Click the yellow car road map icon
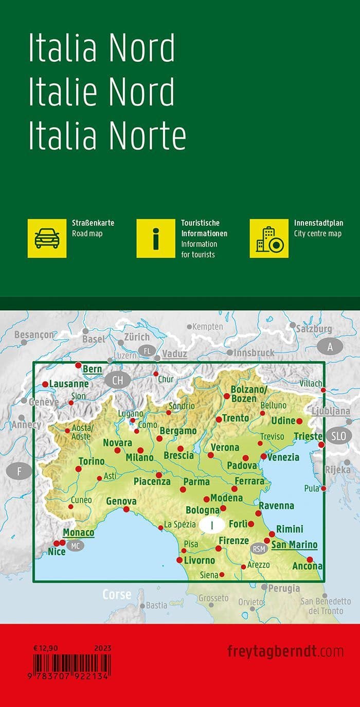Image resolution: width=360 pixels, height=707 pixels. click(x=47, y=238)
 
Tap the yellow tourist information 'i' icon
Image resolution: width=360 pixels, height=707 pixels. click(x=156, y=238)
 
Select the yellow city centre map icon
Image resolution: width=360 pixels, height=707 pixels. click(x=269, y=238)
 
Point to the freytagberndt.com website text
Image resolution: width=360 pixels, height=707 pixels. click(x=285, y=651)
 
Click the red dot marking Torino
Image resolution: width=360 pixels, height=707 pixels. click(x=78, y=469)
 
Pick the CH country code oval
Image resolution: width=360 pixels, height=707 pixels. click(x=118, y=380)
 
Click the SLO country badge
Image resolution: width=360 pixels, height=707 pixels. click(x=339, y=436)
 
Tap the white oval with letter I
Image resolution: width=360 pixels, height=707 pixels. click(x=212, y=525)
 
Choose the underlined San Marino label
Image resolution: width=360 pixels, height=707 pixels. click(x=294, y=545)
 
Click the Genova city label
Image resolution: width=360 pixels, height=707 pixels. click(x=121, y=501)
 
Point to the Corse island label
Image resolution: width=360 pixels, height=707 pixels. click(x=117, y=594)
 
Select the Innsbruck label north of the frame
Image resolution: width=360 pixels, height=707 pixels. click(x=254, y=353)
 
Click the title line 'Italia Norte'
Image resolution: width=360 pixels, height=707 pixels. click(x=107, y=136)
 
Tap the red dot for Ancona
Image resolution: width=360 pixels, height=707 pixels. click(x=310, y=559)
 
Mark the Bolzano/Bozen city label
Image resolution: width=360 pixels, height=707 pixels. click(x=249, y=395)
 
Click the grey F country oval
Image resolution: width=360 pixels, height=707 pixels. click(x=20, y=471)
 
